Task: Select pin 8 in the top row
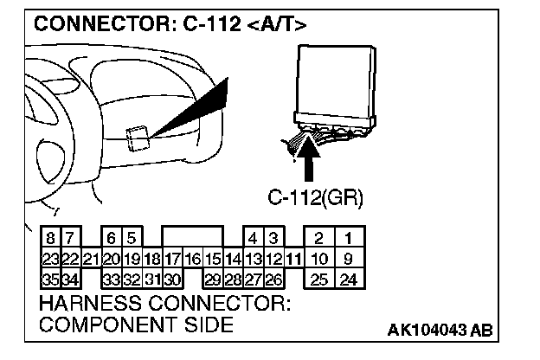(x=51, y=238)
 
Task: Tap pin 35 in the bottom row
(x=51, y=279)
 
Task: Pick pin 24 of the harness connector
(x=348, y=279)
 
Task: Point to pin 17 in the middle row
(x=172, y=258)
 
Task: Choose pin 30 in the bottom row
(x=172, y=279)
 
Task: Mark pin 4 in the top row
(x=254, y=238)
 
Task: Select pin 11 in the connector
(x=294, y=258)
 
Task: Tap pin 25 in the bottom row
(x=319, y=279)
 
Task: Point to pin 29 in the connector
(x=213, y=279)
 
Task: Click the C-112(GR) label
(x=314, y=198)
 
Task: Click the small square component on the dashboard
(x=137, y=138)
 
